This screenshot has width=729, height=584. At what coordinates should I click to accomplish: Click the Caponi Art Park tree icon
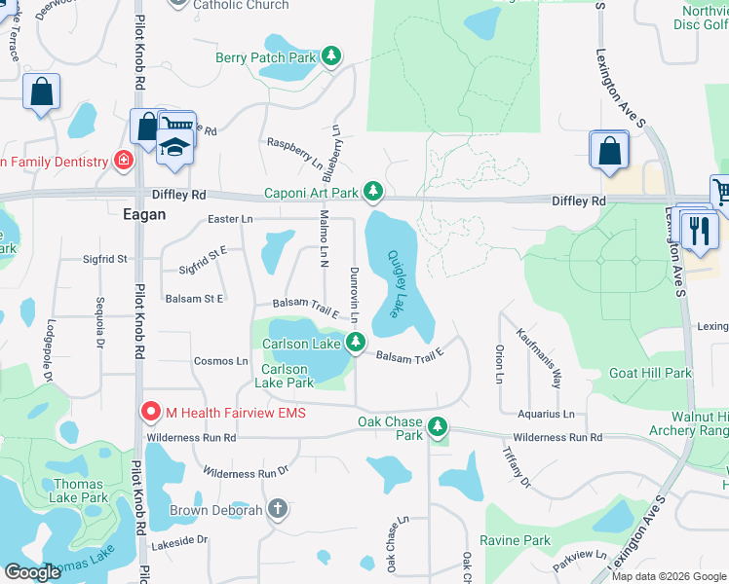click(371, 191)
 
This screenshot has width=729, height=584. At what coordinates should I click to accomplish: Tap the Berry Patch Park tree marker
click(332, 57)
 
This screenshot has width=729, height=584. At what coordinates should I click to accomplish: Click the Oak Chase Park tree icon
click(439, 426)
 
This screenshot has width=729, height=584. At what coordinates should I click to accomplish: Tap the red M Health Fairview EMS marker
click(151, 413)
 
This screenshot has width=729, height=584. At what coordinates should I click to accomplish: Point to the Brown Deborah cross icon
click(278, 509)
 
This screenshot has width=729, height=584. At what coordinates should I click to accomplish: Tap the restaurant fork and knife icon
click(699, 230)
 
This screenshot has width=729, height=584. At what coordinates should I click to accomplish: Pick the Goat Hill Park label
click(650, 373)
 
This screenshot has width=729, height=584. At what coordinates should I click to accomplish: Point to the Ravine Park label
click(515, 540)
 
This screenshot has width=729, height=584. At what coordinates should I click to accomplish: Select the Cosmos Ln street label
click(221, 361)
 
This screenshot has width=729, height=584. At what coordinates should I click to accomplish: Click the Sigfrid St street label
click(105, 259)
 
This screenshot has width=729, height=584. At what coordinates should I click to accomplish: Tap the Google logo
click(32, 572)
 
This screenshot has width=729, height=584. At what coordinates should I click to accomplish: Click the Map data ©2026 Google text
click(669, 576)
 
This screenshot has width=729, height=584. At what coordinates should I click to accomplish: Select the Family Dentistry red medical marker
click(124, 160)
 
